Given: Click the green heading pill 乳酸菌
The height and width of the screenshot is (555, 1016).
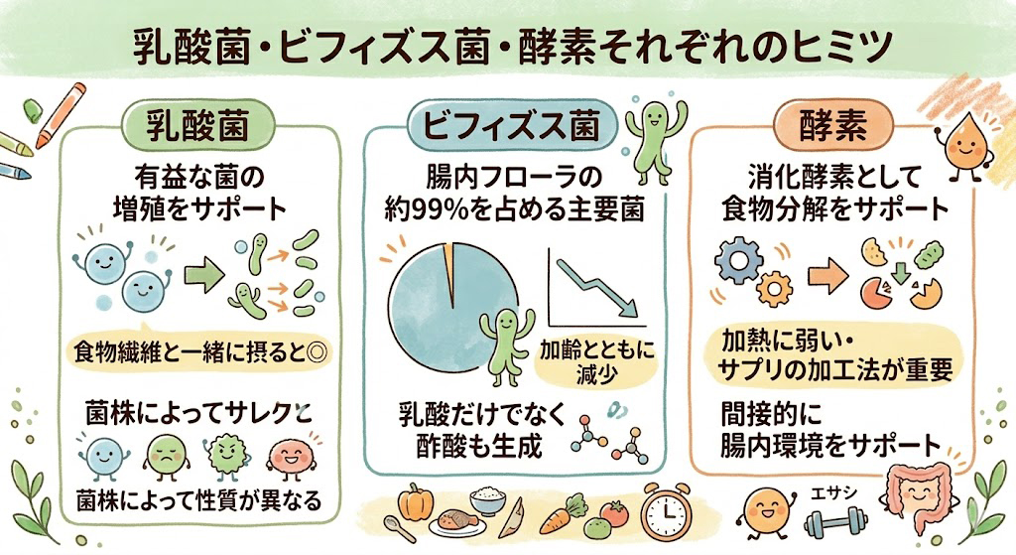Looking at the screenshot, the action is [x=197, y=124].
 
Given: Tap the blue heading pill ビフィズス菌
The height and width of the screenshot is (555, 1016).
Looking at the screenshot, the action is [x=512, y=125].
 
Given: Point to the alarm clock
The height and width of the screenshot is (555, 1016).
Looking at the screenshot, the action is [x=666, y=512].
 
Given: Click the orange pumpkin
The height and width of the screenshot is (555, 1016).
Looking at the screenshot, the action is [x=415, y=501].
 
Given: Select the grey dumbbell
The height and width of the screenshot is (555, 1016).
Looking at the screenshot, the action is [x=836, y=522].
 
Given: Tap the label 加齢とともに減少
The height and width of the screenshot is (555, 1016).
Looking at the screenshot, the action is [x=596, y=362].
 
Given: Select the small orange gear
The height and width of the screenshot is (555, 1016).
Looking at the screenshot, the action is [x=774, y=289].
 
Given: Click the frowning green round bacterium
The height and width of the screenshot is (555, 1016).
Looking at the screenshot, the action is [x=167, y=455].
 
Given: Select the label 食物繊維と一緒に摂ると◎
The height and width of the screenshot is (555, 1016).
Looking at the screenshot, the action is [x=200, y=353].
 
